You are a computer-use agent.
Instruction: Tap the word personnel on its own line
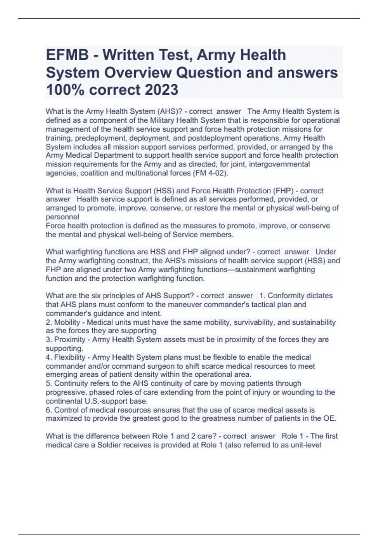click(62, 217)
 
